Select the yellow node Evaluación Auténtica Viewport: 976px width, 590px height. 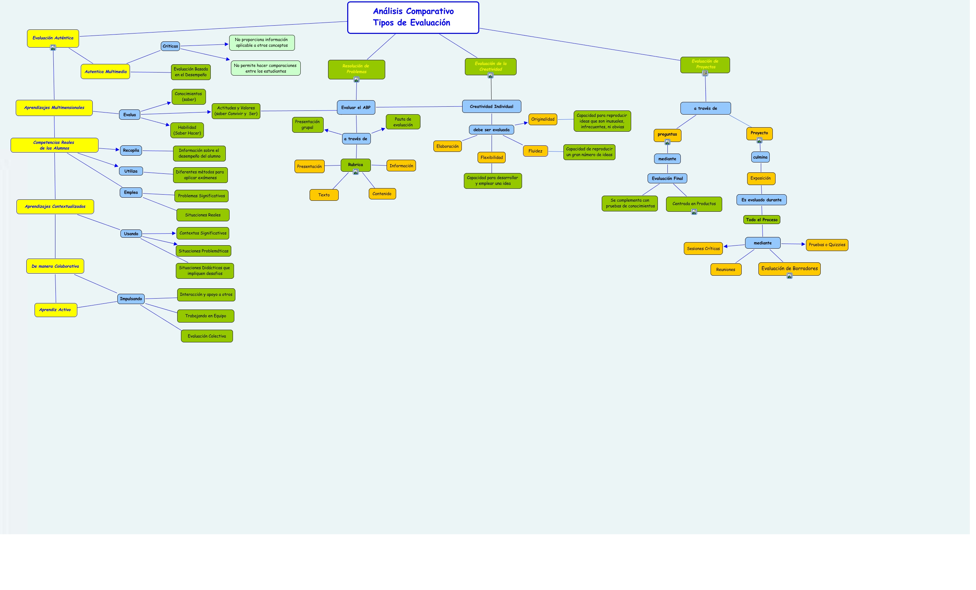[x=53, y=38]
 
